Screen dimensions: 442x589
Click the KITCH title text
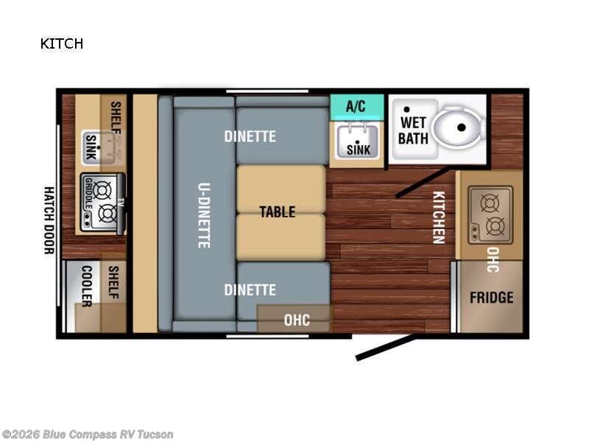[62, 43]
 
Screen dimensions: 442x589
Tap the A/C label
[356, 106]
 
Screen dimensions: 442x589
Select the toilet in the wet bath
[457, 127]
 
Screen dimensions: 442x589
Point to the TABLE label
[277, 212]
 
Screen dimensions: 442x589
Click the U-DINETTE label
[204, 214]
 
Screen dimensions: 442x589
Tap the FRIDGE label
[492, 298]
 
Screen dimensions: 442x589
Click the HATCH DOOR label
[49, 220]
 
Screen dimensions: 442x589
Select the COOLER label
[86, 286]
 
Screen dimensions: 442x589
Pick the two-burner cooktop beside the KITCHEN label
[490, 214]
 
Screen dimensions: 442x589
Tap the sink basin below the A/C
[358, 141]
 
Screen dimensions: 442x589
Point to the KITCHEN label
[438, 217]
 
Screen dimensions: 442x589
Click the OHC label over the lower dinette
[297, 320]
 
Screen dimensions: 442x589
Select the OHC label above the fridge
[493, 259]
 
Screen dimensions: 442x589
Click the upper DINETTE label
[250, 136]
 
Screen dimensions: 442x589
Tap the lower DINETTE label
[250, 290]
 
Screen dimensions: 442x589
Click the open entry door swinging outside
[385, 348]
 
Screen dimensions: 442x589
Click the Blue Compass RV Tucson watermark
[88, 435]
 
